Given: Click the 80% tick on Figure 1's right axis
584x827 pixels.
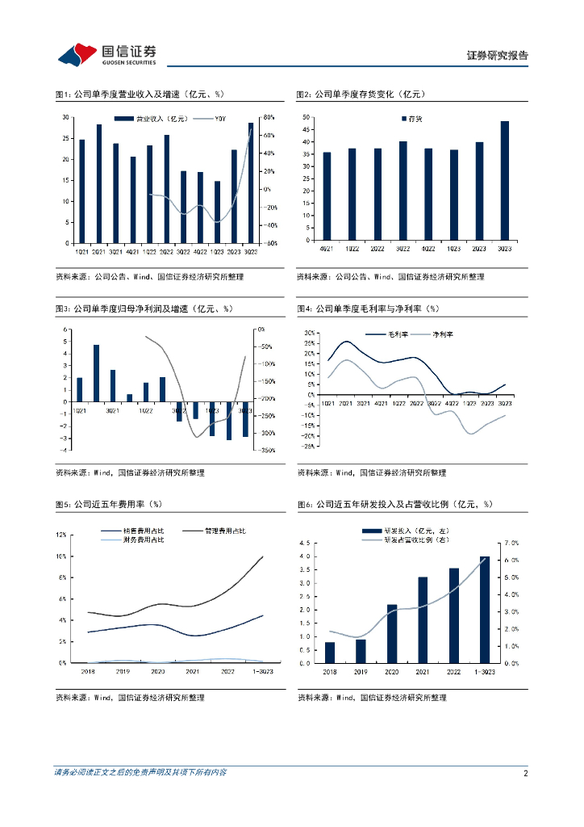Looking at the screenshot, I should coord(269,117).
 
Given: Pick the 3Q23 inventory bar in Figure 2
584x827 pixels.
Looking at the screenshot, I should coord(505,181).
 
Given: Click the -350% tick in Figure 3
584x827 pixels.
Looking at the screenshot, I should coord(269,450).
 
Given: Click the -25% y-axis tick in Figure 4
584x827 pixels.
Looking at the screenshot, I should coord(308,446).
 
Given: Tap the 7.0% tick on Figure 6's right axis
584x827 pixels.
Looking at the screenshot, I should coord(511,542).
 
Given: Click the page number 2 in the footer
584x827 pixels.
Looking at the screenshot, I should coord(525,773).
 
